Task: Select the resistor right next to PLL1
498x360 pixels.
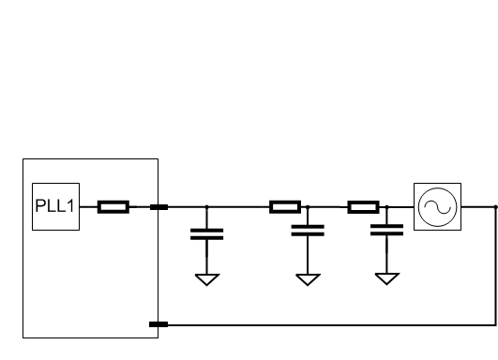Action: [x=113, y=207]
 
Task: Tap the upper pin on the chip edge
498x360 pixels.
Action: [x=158, y=207]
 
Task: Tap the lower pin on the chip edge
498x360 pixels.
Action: [x=158, y=325]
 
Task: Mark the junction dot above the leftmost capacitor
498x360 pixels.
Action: [x=207, y=207]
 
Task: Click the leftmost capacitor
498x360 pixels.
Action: [x=207, y=233]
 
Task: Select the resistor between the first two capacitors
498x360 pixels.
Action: [x=284, y=207]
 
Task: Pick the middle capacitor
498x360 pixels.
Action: [x=309, y=230]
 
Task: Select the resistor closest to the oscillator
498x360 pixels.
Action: [x=363, y=207]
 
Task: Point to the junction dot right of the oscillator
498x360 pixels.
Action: [x=494, y=207]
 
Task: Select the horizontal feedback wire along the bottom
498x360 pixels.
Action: [x=328, y=325]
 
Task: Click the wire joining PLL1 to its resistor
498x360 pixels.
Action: [x=90, y=207]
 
